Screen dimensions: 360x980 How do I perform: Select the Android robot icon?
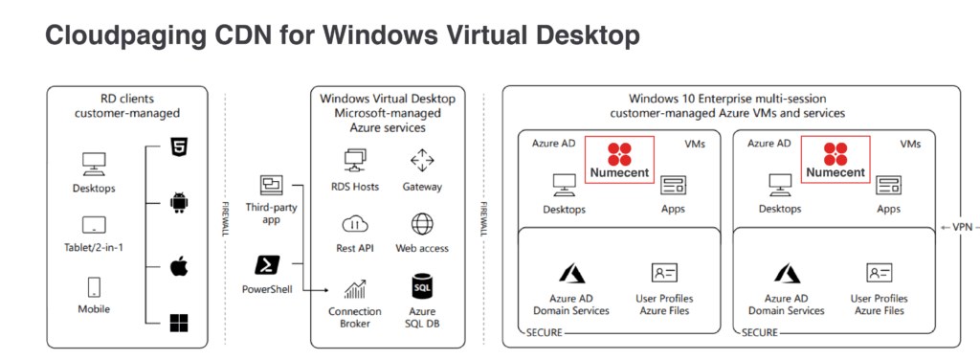(x=177, y=202)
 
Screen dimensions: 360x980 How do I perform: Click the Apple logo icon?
(x=178, y=264)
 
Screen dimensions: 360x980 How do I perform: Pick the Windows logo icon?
(x=178, y=323)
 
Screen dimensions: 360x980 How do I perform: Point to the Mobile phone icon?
(x=94, y=286)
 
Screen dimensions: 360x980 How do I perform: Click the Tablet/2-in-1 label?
(x=94, y=249)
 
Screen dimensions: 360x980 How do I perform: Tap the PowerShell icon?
(x=268, y=263)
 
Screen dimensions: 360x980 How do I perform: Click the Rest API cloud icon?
(x=354, y=224)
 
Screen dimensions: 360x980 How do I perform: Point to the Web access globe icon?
(x=422, y=224)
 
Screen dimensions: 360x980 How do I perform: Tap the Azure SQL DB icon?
(x=422, y=286)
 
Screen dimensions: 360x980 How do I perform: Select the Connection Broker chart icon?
(x=355, y=287)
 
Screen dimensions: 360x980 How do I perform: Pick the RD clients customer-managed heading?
(x=127, y=105)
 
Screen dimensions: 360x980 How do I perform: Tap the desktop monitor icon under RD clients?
(x=94, y=163)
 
